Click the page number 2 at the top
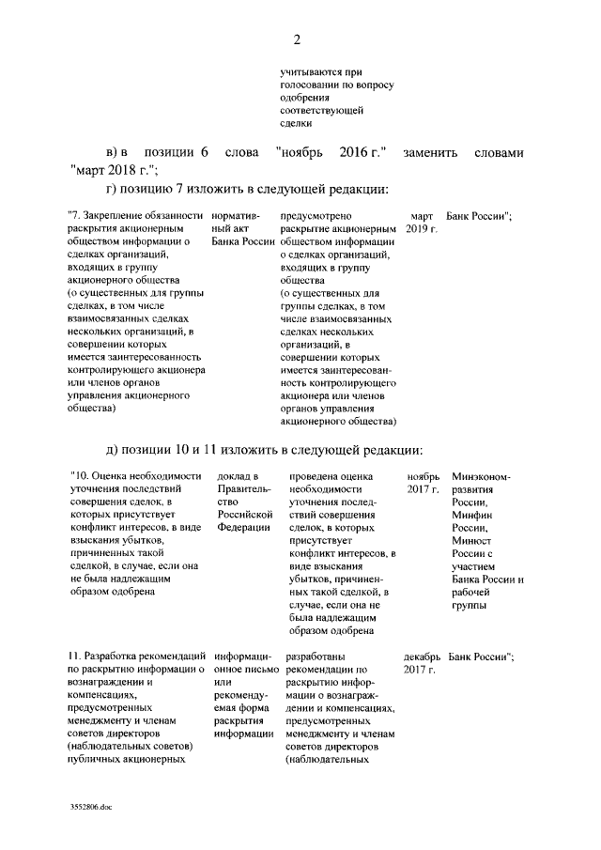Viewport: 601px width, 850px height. tap(298, 39)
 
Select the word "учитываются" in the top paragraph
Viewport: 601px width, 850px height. tap(313, 71)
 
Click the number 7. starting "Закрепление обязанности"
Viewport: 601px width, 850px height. tap(76, 216)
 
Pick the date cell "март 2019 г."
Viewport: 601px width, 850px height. tap(423, 223)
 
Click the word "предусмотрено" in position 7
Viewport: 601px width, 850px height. tap(316, 216)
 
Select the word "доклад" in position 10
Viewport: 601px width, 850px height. tap(236, 476)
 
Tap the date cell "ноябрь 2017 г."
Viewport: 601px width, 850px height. tap(423, 483)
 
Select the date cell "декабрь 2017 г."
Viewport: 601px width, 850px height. tap(421, 662)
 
